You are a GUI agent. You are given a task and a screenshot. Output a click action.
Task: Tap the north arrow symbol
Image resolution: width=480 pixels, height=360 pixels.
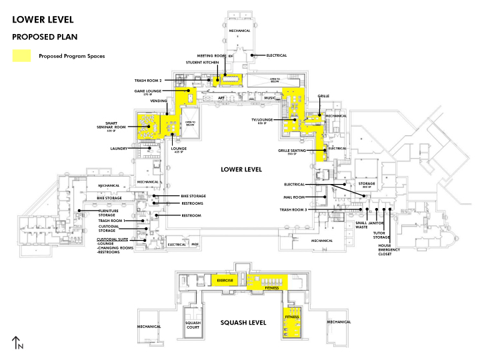[x=18, y=343]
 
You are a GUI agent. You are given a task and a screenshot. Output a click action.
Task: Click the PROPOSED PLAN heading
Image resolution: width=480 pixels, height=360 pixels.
[x=41, y=37]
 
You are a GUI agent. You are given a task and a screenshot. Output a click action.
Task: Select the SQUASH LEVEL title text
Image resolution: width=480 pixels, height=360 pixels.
[x=243, y=323]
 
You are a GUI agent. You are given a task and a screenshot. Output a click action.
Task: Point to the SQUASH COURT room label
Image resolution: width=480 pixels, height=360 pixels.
[x=193, y=325]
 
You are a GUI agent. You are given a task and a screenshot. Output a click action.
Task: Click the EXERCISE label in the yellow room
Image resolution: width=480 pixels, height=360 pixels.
[x=225, y=281]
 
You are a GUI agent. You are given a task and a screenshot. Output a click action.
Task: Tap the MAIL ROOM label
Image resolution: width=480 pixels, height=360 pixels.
[x=294, y=197]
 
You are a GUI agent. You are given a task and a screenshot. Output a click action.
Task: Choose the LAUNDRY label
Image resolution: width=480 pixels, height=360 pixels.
[x=119, y=149]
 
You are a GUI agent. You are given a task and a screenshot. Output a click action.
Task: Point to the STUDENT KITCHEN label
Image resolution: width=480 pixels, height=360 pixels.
[x=202, y=62]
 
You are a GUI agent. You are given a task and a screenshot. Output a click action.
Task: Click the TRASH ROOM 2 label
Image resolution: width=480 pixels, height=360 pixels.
[x=148, y=80]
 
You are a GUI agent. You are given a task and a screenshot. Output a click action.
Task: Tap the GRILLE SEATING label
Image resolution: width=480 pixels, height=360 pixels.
[x=292, y=151]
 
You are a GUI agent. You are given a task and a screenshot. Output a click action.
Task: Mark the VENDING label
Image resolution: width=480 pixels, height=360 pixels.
[x=159, y=101]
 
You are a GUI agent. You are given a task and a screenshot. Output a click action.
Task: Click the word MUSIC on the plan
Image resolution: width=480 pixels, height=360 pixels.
[x=270, y=98]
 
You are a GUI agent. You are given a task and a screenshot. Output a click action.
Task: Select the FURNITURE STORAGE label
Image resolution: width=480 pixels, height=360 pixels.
[x=108, y=213]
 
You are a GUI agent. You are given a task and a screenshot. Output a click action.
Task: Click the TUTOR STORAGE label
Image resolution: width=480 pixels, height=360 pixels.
[x=381, y=235]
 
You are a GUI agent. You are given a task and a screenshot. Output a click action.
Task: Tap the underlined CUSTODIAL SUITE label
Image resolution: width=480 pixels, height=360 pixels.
[x=113, y=239]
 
